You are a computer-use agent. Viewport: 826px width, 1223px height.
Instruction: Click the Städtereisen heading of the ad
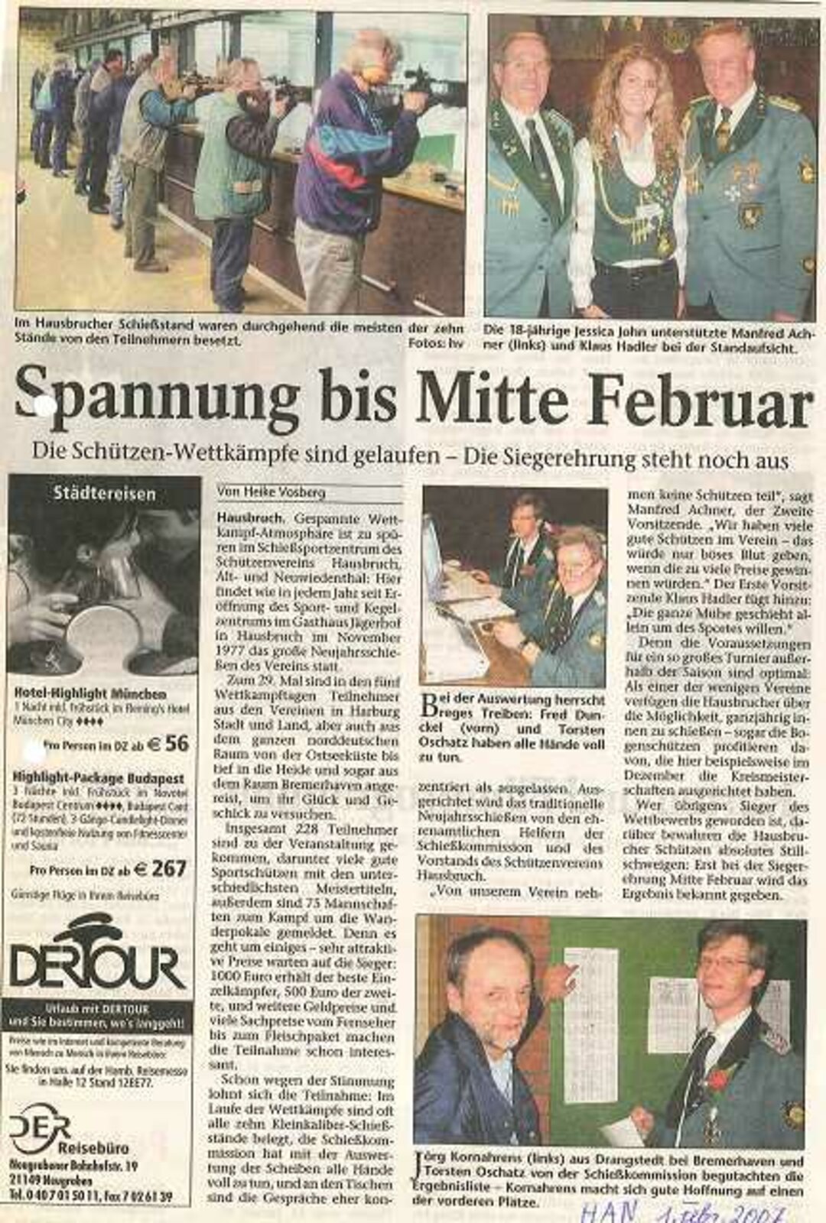coord(103,494)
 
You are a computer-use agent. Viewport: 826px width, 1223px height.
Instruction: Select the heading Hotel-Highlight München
coord(91,694)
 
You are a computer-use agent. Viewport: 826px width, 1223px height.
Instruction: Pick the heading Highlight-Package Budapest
coord(100,778)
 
